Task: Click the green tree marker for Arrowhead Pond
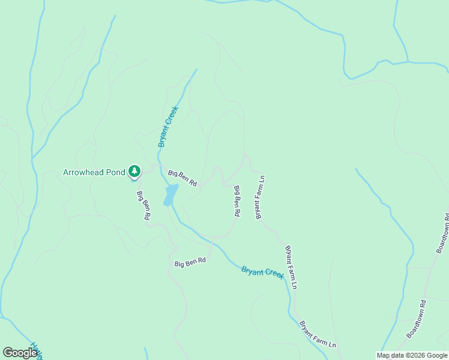click(134, 172)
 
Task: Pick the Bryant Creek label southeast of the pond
click(262, 272)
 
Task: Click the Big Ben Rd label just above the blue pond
click(182, 178)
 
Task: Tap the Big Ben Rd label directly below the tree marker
click(143, 206)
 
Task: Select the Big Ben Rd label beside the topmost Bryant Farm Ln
click(237, 201)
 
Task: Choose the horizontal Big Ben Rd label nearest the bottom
click(190, 262)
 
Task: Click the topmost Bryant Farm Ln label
click(261, 197)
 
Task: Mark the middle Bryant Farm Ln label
click(291, 267)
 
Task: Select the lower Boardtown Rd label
click(416, 319)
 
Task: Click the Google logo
click(20, 352)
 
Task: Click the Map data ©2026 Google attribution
click(411, 355)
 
